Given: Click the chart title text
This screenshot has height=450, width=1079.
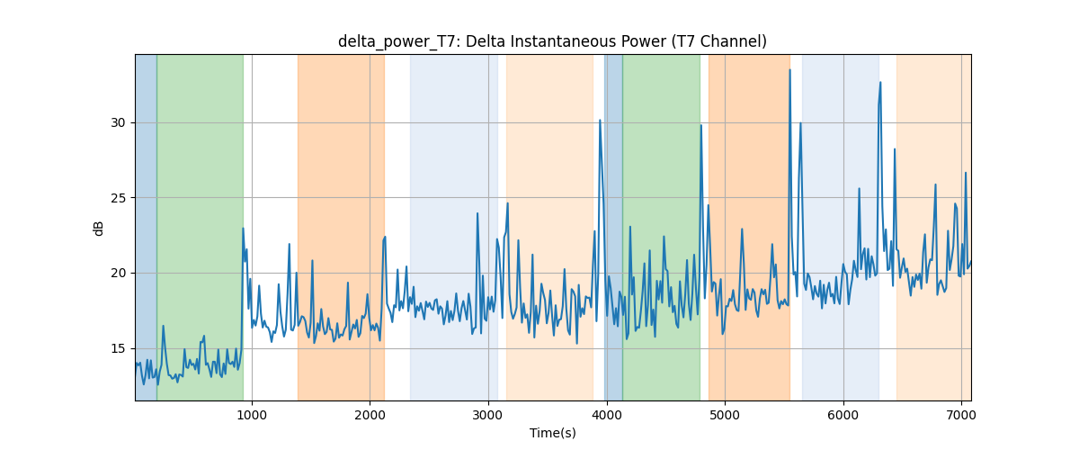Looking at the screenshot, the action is [x=552, y=41].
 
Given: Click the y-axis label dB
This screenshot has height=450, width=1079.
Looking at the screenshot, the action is [x=98, y=229].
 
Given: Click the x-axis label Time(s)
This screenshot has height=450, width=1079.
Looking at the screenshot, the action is [x=552, y=433].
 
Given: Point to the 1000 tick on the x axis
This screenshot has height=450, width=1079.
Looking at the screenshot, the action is [x=252, y=415].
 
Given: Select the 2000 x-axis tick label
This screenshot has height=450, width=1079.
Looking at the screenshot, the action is [x=370, y=415].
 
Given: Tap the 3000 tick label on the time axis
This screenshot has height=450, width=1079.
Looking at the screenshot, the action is [x=488, y=415].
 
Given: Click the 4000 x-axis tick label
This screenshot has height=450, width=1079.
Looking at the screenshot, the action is [x=606, y=415].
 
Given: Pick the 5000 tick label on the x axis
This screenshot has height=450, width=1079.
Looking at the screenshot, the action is [x=725, y=415].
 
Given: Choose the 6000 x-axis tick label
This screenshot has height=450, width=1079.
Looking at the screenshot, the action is [x=843, y=415].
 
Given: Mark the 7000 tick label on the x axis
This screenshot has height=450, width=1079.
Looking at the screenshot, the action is [x=961, y=415].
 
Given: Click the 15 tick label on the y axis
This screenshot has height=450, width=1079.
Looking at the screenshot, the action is [x=118, y=348].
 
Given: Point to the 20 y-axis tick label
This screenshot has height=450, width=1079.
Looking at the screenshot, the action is [x=118, y=273].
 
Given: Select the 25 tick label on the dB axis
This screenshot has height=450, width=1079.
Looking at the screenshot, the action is [x=118, y=198].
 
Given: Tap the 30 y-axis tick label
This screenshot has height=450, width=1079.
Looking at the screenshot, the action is [x=118, y=122].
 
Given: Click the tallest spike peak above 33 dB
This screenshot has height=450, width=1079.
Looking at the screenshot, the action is [x=789, y=70].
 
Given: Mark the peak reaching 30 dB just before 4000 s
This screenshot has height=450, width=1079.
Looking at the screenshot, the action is [x=600, y=120].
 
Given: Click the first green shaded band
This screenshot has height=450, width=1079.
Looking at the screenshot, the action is [x=200, y=227].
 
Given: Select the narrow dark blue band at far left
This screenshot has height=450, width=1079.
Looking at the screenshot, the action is [x=146, y=227].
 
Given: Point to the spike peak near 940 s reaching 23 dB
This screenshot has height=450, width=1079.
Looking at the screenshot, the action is [x=243, y=229].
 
